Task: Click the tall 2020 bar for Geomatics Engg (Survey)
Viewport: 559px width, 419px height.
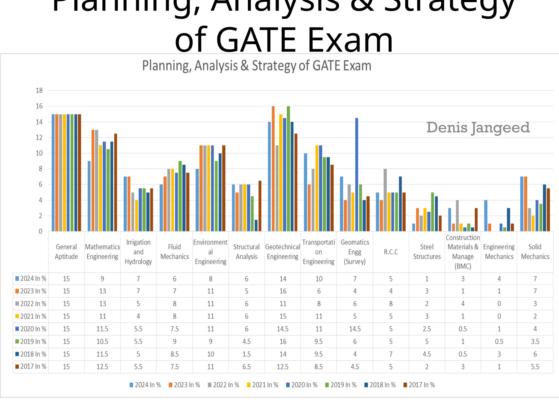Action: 356,175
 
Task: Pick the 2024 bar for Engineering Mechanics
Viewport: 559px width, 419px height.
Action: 486,216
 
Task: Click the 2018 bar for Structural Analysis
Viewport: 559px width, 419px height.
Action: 256,226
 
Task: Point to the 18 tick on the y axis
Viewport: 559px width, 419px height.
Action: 39,91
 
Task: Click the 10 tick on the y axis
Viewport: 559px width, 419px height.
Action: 39,153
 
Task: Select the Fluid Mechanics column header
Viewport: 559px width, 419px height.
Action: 174,252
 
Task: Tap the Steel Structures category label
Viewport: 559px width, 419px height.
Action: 427,252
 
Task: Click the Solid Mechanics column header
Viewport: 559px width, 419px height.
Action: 535,252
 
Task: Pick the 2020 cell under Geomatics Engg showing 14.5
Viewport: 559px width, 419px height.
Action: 355,329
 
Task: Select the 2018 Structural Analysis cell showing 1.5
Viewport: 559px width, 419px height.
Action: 246,354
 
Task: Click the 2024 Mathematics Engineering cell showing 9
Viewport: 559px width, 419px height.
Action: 102,279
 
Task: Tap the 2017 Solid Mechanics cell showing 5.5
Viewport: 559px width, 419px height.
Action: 535,367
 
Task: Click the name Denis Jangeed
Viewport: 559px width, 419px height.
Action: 478,128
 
